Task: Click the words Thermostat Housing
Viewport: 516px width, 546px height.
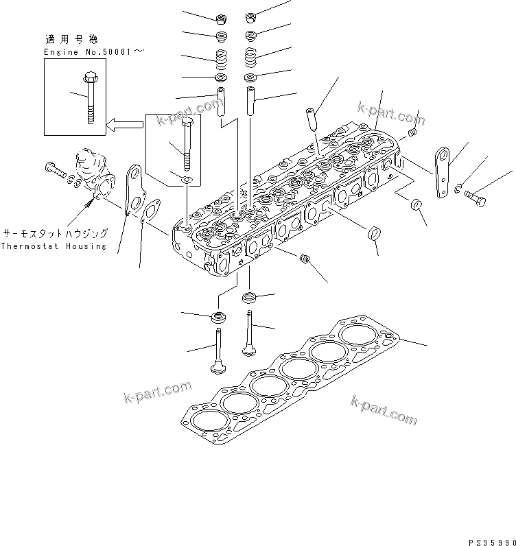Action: [x=54, y=246]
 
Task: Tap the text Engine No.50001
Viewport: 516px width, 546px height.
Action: [x=87, y=52]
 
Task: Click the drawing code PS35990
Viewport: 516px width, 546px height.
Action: [x=492, y=542]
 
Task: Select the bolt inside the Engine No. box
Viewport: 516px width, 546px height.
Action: [x=91, y=97]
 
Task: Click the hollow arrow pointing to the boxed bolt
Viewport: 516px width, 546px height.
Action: [x=124, y=125]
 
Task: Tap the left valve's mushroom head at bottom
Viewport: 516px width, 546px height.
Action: [x=218, y=368]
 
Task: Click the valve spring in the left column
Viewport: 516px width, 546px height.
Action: [x=221, y=60]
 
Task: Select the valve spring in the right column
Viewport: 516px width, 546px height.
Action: [x=251, y=58]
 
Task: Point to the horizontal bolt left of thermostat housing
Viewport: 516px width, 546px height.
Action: [x=56, y=169]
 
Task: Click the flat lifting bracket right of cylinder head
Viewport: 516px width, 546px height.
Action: [x=442, y=173]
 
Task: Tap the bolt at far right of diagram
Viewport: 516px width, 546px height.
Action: [x=475, y=198]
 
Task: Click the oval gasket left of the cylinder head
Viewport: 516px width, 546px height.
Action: [x=150, y=211]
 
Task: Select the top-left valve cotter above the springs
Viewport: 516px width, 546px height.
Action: [x=221, y=19]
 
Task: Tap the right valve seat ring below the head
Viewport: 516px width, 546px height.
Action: [x=249, y=298]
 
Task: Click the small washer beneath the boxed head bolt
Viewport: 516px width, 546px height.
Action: [x=188, y=180]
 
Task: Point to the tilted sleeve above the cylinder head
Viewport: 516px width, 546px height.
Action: [x=311, y=119]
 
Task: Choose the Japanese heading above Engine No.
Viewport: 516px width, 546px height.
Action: [x=71, y=39]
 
